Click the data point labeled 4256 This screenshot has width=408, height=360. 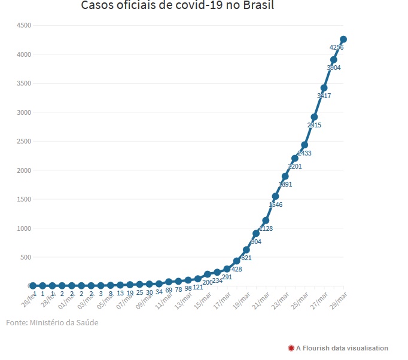(x=343, y=39)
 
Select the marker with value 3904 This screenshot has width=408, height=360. (x=334, y=59)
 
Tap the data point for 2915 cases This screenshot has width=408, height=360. (x=314, y=117)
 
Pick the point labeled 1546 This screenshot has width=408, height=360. (x=275, y=196)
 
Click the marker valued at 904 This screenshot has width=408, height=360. (x=256, y=233)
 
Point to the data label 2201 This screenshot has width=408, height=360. (x=295, y=167)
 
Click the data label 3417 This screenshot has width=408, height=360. (x=324, y=96)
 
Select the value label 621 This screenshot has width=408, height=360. (x=246, y=258)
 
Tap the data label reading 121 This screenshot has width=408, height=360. (x=198, y=288)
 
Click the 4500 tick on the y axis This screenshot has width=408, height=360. (x=24, y=25)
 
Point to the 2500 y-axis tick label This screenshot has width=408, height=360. (x=24, y=141)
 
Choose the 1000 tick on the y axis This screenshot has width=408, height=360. (x=24, y=228)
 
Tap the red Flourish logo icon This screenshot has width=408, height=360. (x=291, y=348)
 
